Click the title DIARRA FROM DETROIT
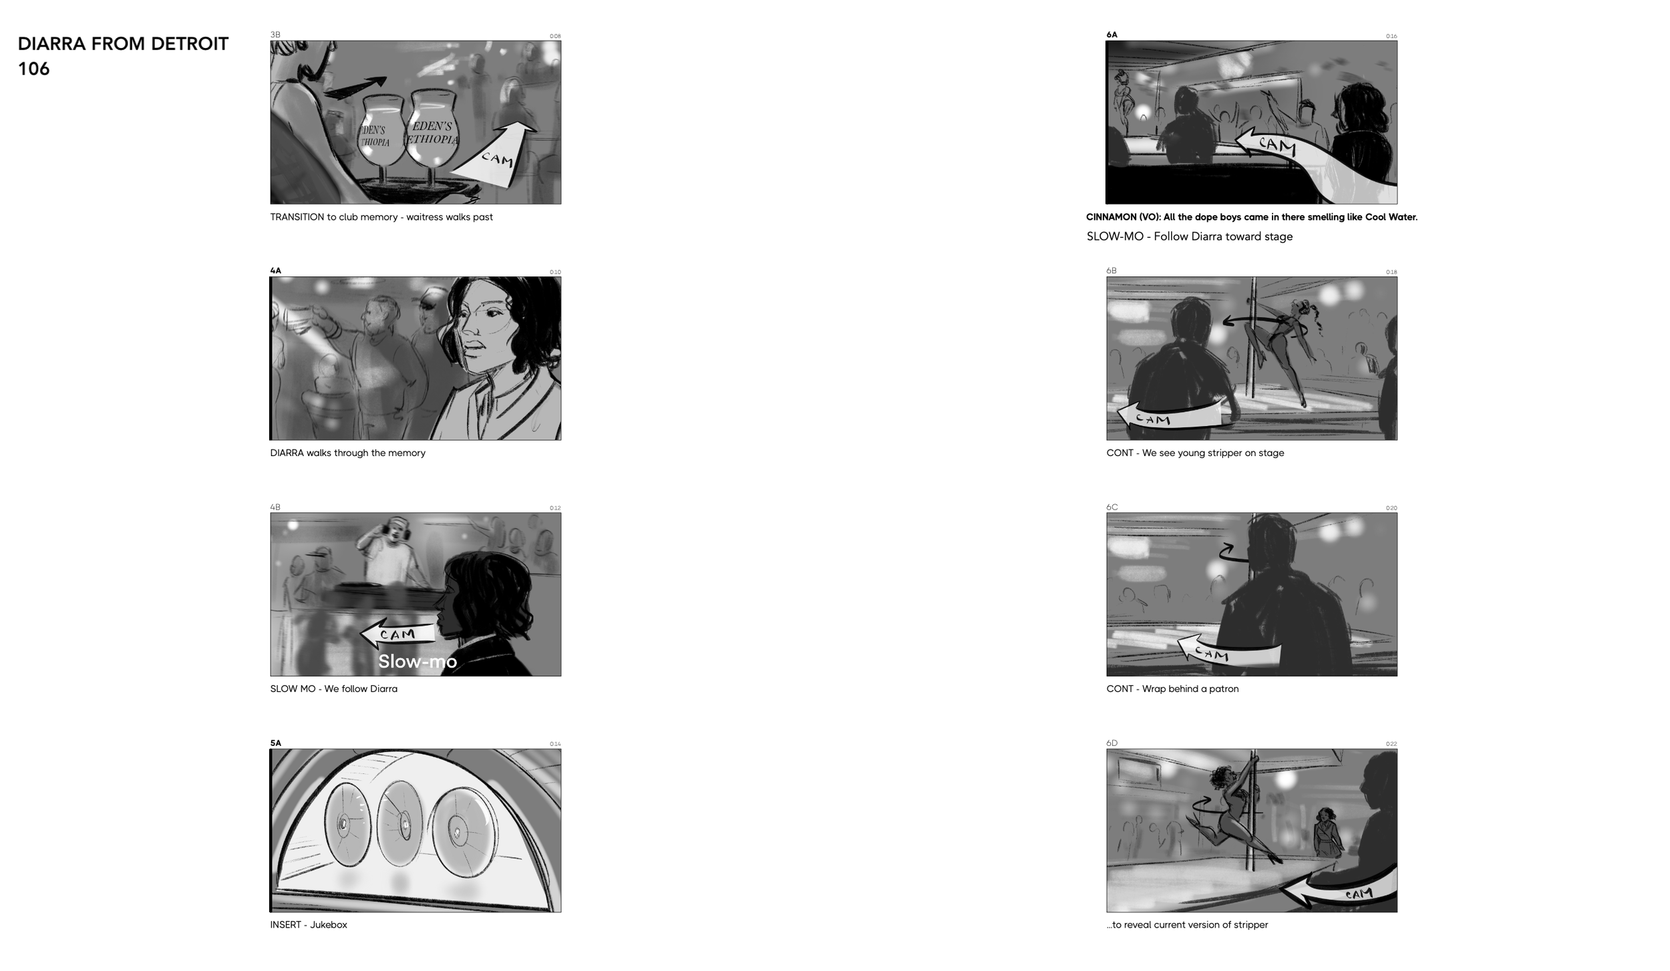pos(123,44)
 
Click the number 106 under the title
pos(33,69)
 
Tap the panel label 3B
pos(275,35)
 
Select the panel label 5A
pos(275,743)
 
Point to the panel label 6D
pos(1112,743)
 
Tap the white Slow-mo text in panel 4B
pos(417,661)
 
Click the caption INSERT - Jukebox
pos(309,925)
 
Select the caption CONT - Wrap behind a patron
pos(1172,689)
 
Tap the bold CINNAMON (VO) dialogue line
pos(1251,217)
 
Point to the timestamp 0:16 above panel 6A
pos(1391,36)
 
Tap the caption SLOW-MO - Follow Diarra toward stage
pos(1189,236)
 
